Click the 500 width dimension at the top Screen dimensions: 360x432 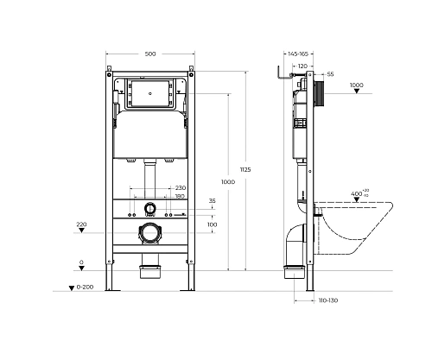(x=150, y=54)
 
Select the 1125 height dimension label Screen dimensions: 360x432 (x=246, y=170)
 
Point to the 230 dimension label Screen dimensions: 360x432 (x=181, y=187)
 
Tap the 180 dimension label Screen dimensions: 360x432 (x=180, y=196)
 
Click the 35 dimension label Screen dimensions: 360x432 (x=213, y=202)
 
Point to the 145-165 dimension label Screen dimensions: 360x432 (x=299, y=55)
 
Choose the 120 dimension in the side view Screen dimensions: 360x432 (x=302, y=66)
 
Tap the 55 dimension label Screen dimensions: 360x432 (x=330, y=75)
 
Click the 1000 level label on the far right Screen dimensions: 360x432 (x=357, y=85)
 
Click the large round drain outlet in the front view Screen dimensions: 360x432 (x=149, y=232)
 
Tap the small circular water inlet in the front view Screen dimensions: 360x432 (x=149, y=208)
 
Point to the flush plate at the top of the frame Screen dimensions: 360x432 (x=151, y=92)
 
